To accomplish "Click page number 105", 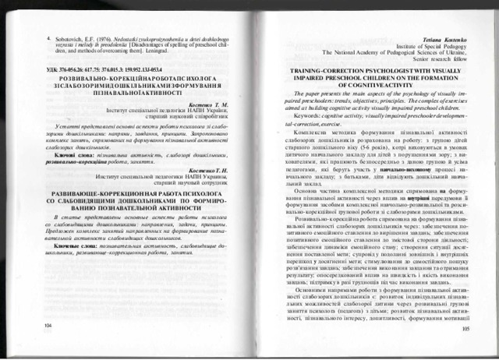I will point(465,330).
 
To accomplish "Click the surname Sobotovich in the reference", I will point(73,36).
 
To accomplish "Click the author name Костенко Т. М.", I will point(204,104).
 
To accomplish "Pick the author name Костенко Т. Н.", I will point(204,170).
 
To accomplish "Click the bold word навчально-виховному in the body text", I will point(380,168).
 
